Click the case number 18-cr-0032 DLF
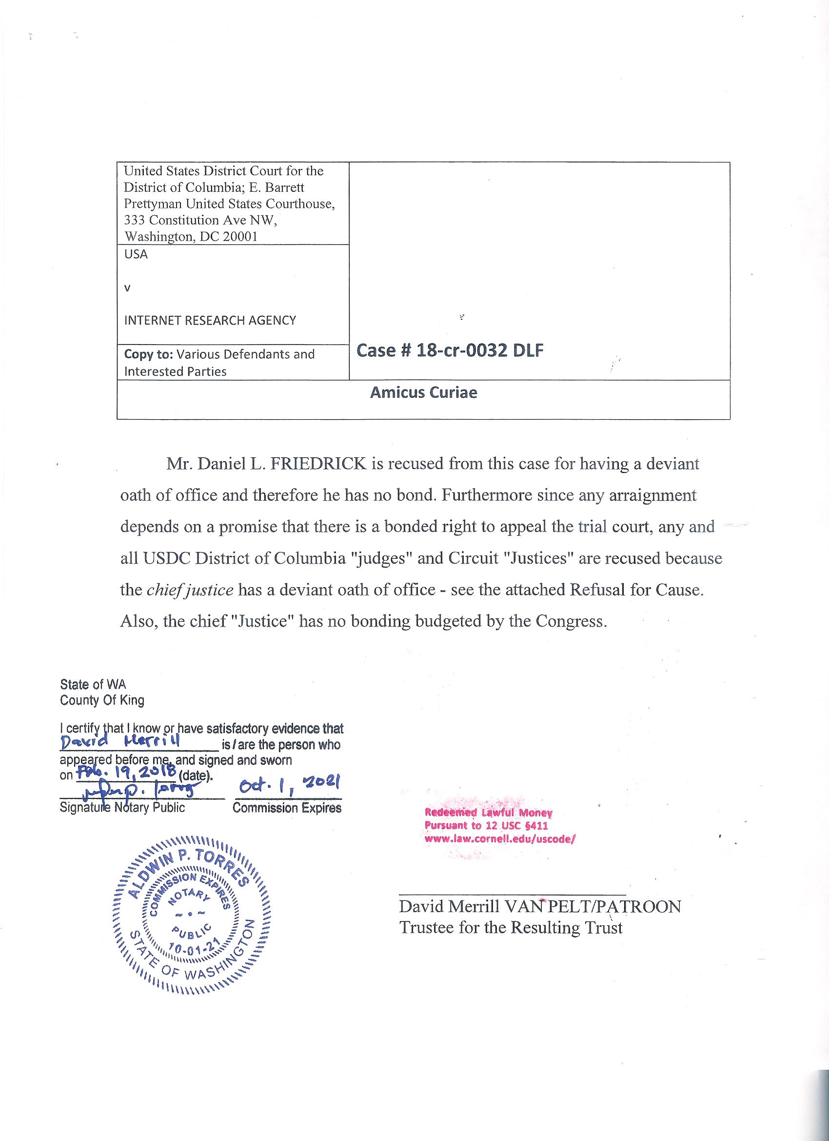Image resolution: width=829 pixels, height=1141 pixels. tap(450, 351)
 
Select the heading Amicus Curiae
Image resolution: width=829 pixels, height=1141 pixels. tap(423, 392)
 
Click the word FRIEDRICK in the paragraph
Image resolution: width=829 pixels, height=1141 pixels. tap(318, 463)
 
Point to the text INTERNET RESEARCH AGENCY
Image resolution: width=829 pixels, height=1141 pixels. tap(210, 321)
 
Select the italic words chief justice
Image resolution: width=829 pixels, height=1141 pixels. tap(190, 590)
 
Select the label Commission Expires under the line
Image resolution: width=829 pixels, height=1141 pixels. tap(287, 808)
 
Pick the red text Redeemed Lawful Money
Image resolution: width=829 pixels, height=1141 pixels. tap(488, 813)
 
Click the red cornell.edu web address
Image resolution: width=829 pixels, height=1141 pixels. tap(499, 839)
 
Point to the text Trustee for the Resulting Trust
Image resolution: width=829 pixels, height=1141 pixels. tap(511, 928)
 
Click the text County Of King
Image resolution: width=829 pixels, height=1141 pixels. tap(102, 700)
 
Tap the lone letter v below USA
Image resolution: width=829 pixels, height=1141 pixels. tap(127, 288)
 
